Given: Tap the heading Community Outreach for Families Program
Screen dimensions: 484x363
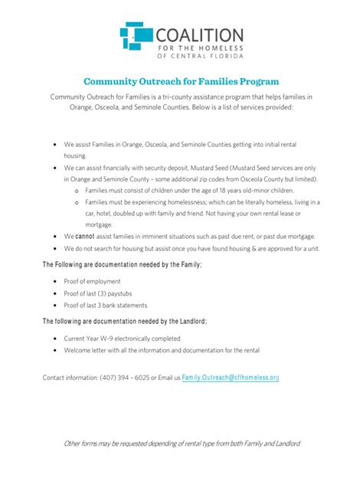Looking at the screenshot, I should [181, 80].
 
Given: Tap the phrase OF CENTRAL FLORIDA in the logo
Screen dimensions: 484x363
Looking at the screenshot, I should [199, 56].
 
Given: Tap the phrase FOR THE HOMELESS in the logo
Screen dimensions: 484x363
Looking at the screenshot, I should [199, 47].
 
